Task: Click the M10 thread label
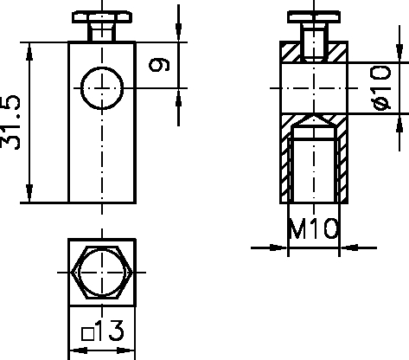[x=313, y=230]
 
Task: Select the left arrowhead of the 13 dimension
[x=73, y=350]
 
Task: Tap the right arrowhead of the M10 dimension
[x=347, y=247]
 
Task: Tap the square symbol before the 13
[x=86, y=332]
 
